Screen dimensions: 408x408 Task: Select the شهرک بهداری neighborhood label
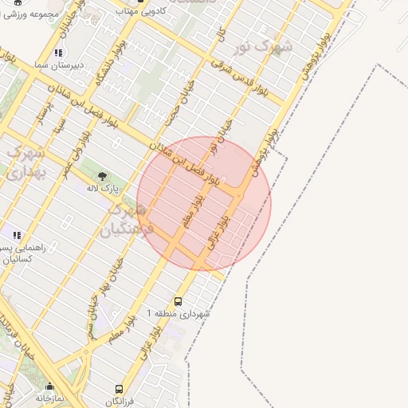point(25,161)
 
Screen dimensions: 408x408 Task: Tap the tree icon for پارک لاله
point(102,175)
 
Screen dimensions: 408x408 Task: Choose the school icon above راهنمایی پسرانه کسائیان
point(16,235)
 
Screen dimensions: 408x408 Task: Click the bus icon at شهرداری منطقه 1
point(177,301)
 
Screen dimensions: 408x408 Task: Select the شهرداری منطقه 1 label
point(178,314)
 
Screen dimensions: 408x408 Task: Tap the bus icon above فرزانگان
point(119,390)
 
